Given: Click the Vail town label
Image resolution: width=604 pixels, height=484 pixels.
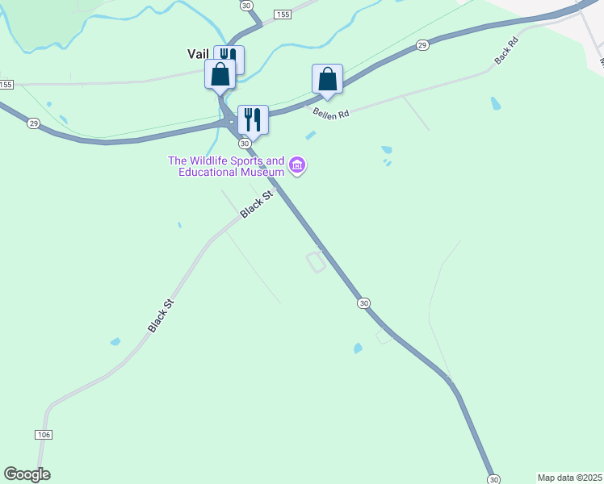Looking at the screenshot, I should pyautogui.click(x=198, y=54).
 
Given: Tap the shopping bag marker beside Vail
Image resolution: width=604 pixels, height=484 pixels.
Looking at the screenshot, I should pyautogui.click(x=220, y=75).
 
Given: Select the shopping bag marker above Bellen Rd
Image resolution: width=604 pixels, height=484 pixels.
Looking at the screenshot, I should pyautogui.click(x=327, y=80).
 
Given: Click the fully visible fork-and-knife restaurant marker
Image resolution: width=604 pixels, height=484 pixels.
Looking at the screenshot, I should pyautogui.click(x=253, y=119).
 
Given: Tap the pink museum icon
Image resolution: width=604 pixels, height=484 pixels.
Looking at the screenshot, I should pyautogui.click(x=298, y=166).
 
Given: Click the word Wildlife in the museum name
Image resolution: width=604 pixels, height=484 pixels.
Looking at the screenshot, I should pyautogui.click(x=215, y=161).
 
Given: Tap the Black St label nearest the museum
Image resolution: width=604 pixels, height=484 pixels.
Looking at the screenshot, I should pyautogui.click(x=258, y=204).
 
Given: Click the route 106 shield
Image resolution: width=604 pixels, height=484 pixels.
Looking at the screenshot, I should pyautogui.click(x=44, y=435).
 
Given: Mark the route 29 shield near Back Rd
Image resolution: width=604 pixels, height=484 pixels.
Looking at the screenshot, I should pyautogui.click(x=422, y=46).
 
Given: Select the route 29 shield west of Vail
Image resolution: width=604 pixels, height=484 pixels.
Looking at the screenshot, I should pyautogui.click(x=33, y=123).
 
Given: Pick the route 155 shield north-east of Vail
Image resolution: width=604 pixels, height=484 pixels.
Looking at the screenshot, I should pyautogui.click(x=282, y=15).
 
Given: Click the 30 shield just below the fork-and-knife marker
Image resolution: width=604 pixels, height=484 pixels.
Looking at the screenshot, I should pyautogui.click(x=245, y=143).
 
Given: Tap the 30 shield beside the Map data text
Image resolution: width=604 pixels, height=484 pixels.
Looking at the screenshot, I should pyautogui.click(x=494, y=478).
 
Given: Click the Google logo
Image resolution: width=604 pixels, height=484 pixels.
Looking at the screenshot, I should pyautogui.click(x=27, y=474).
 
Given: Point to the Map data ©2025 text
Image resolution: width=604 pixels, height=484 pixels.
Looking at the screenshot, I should pyautogui.click(x=569, y=478).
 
